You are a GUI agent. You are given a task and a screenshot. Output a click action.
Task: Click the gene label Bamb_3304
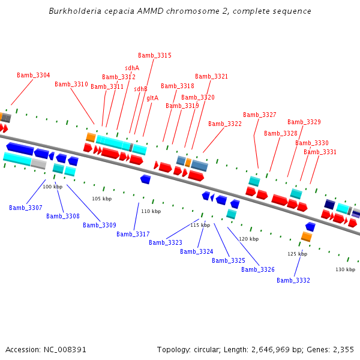[34, 75]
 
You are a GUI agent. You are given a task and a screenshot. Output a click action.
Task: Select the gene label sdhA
[132, 68]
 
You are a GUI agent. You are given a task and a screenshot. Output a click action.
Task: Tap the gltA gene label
[152, 98]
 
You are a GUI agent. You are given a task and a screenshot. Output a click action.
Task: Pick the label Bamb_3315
[155, 55]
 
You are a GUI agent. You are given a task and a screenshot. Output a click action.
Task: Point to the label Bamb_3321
[212, 76]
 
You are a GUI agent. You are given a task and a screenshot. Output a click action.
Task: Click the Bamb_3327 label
[260, 115]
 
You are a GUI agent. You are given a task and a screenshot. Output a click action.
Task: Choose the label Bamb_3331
[320, 152]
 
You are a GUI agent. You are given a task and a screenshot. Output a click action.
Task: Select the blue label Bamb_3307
[26, 208]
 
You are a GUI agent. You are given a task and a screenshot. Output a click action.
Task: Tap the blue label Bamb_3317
[133, 234]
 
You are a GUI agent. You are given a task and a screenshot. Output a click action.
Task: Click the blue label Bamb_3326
[258, 269]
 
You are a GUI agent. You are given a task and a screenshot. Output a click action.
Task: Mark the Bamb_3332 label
[293, 280]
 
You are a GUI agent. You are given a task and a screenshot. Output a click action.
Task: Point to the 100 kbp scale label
[53, 187]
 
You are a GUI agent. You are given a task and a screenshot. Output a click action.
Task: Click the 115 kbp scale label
[200, 225]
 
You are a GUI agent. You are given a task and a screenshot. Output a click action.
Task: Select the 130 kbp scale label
[346, 269]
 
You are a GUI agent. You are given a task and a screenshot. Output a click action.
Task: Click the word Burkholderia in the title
[74, 11]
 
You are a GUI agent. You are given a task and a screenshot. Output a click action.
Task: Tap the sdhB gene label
[140, 89]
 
